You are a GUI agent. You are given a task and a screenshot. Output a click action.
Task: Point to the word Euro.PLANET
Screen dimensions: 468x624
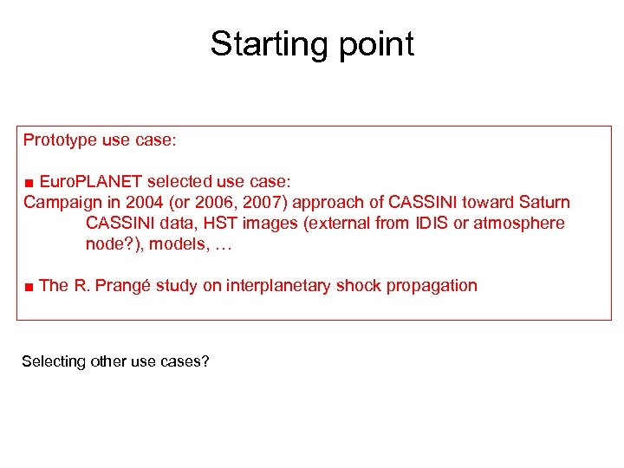tap(91, 182)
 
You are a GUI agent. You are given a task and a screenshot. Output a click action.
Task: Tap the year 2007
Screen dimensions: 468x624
tap(248, 203)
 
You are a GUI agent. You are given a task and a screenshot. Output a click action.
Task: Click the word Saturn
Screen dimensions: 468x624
tap(544, 203)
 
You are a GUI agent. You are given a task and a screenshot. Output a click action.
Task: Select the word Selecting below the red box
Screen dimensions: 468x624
tap(54, 361)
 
